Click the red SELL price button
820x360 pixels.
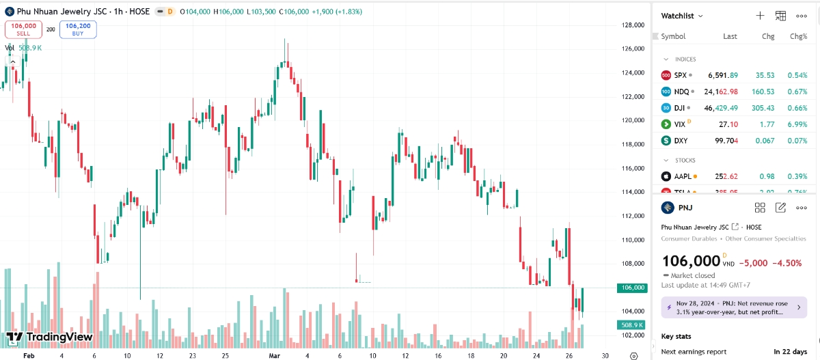[x=23, y=29]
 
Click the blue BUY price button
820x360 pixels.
[x=78, y=29]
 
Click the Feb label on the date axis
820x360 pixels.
[x=28, y=356]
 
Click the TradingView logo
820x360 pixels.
[x=49, y=337]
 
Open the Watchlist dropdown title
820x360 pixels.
[x=681, y=16]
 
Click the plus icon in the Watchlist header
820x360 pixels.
[x=760, y=16]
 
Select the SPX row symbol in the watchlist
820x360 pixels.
[x=680, y=75]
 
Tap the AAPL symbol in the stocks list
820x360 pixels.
[x=683, y=176]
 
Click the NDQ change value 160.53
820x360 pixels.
[x=761, y=92]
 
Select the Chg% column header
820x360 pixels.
[x=798, y=36]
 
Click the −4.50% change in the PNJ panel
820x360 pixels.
[x=787, y=263]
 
